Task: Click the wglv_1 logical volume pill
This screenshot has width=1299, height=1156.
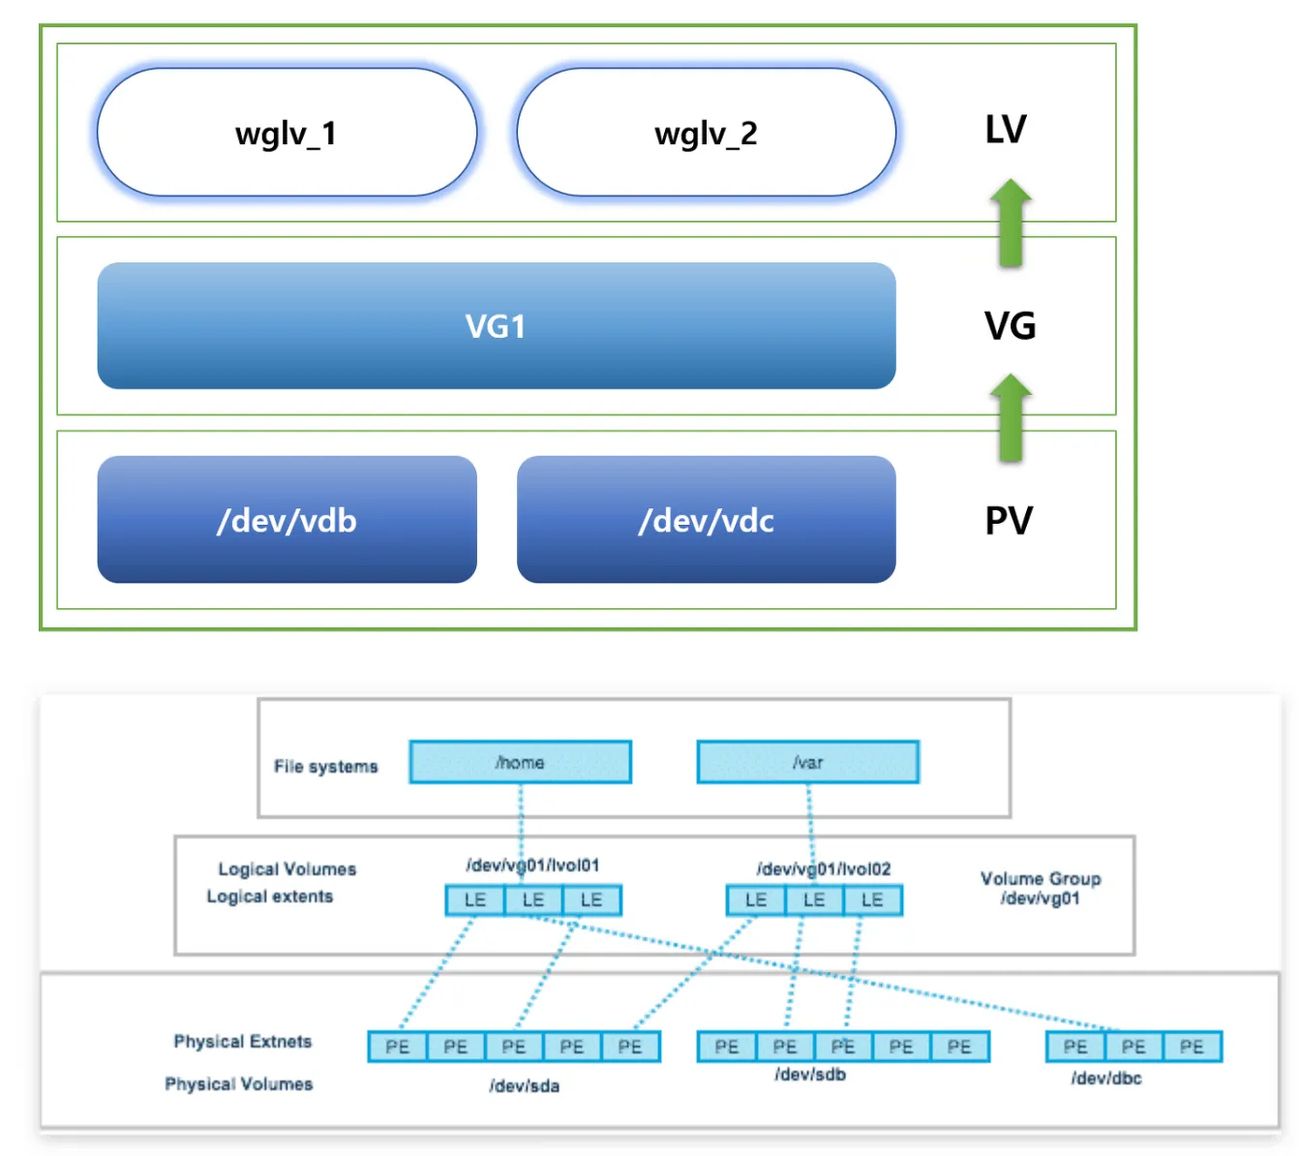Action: (x=287, y=133)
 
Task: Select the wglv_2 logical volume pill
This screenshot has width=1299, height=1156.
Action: (x=706, y=133)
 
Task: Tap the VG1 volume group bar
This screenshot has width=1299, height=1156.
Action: (x=496, y=326)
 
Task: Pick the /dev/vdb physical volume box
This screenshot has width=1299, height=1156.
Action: (x=287, y=520)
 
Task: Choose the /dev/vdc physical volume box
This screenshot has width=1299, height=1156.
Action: (x=706, y=520)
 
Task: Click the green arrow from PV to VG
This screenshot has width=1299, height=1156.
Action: (x=1011, y=417)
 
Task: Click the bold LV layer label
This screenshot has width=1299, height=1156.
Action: (x=1006, y=130)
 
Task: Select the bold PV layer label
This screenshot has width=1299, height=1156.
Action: (x=1009, y=521)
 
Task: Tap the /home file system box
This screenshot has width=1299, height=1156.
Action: (x=520, y=763)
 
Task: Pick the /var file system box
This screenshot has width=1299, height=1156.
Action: (x=807, y=763)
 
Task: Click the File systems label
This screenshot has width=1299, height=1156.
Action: (x=325, y=767)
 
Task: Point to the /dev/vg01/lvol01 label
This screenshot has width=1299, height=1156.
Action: (x=532, y=865)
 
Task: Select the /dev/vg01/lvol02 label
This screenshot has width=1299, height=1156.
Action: (x=823, y=868)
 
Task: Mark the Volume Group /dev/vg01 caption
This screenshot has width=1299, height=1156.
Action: (x=1041, y=888)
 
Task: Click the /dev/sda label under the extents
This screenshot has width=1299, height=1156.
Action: (x=524, y=1086)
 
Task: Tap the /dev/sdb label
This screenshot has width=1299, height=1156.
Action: (x=810, y=1075)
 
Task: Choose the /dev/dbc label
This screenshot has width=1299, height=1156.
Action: (x=1106, y=1079)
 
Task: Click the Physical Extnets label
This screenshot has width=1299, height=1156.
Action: (x=242, y=1042)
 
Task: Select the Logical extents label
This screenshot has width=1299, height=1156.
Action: (x=269, y=897)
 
